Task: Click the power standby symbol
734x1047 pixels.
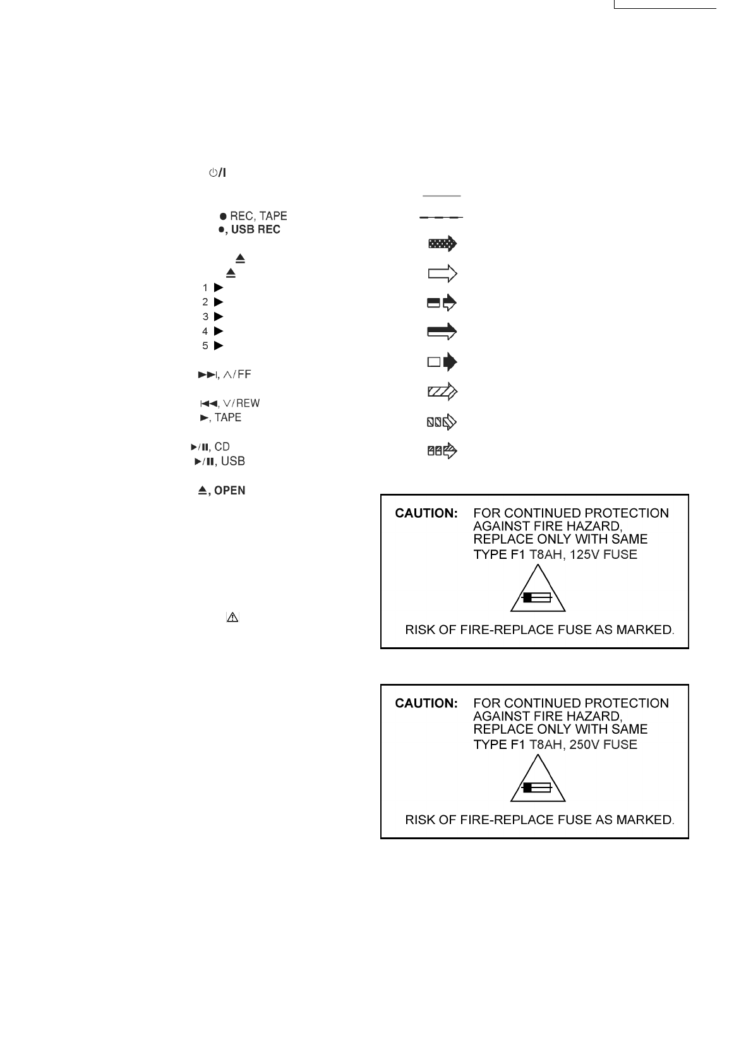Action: [217, 172]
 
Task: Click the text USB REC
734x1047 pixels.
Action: [255, 230]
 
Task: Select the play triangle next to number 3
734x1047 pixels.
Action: [219, 316]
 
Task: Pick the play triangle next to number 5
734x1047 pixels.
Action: [219, 345]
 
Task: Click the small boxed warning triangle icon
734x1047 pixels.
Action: [232, 618]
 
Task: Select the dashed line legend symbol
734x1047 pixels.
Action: [441, 217]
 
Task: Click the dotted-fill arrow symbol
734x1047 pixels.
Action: [442, 244]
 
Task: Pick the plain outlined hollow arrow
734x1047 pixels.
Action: [442, 273]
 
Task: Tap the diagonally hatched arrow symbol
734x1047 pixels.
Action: [442, 392]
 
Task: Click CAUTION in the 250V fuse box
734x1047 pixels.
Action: [426, 703]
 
